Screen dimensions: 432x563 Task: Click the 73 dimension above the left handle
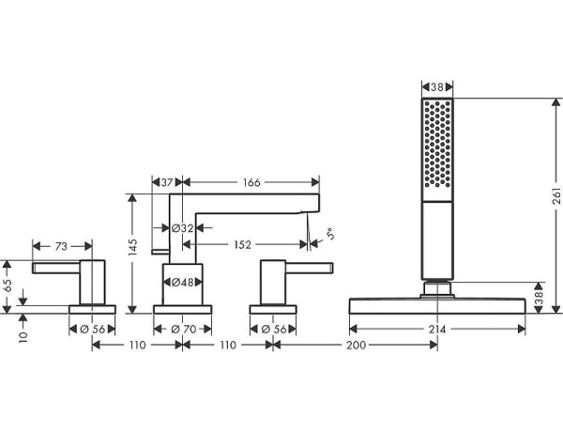click(x=60, y=247)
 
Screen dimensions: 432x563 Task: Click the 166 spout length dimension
click(x=249, y=182)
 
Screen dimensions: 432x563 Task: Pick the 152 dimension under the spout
click(x=241, y=246)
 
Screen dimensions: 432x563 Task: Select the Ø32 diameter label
click(x=182, y=227)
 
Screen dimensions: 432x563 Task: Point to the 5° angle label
click(x=328, y=232)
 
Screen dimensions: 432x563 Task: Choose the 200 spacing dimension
click(x=356, y=347)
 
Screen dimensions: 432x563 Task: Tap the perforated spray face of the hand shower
click(x=438, y=147)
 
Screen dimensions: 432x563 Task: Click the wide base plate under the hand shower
click(x=437, y=305)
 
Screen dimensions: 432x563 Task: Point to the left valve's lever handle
click(x=58, y=270)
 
